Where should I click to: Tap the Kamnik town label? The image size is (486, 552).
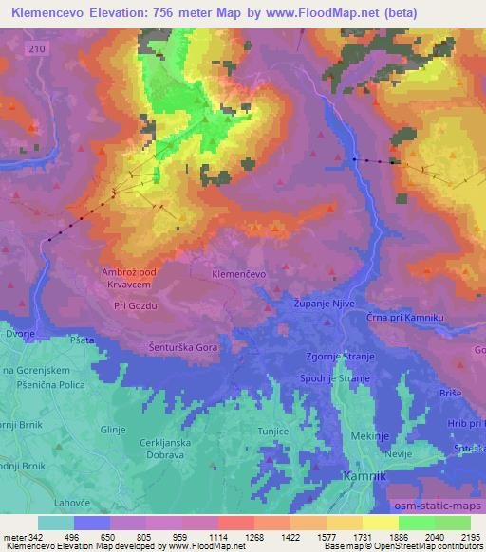click(x=364, y=476)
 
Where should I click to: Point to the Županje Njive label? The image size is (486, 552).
click(x=318, y=306)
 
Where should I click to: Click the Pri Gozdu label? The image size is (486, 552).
click(x=134, y=306)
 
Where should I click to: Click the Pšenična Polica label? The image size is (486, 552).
click(x=46, y=385)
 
